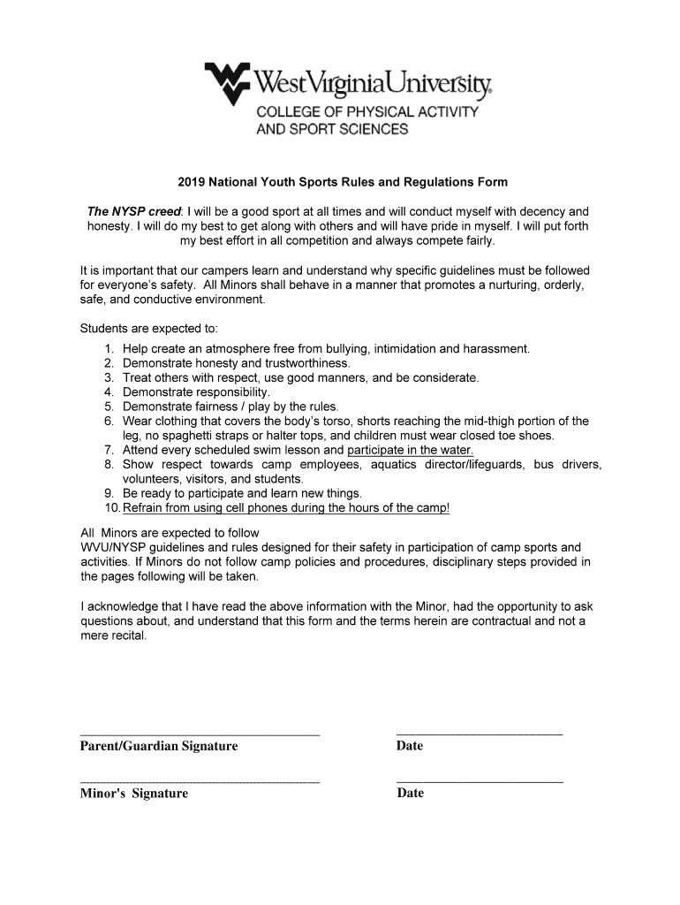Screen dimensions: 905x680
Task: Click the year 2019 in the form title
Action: [x=190, y=183]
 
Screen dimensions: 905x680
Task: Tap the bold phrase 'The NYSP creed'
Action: [x=133, y=212]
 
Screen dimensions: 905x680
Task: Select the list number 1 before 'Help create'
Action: [x=109, y=349]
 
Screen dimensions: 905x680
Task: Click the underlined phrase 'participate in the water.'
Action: [x=411, y=450]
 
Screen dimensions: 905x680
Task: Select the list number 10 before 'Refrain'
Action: [x=112, y=508]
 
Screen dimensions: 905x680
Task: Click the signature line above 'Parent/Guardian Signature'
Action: [x=200, y=734]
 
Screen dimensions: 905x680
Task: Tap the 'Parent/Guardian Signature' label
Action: [x=159, y=747]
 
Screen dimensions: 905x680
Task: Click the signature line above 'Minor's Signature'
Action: [x=200, y=782]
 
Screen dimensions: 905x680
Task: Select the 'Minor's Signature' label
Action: [x=134, y=794]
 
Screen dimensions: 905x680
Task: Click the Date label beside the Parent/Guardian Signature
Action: [x=410, y=747]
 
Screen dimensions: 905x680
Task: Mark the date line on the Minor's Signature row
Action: [x=480, y=782]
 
